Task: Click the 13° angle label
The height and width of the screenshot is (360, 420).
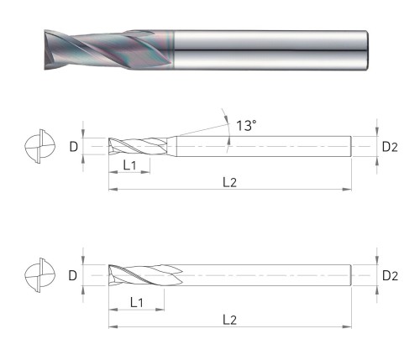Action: pyautogui.click(x=246, y=126)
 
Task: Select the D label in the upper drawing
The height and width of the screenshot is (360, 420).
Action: pyautogui.click(x=73, y=147)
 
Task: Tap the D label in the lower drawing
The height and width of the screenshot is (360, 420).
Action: pyautogui.click(x=73, y=276)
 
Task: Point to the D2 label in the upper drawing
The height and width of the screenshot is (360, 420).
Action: pyautogui.click(x=390, y=147)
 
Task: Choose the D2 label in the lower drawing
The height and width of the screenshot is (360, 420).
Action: pyautogui.click(x=390, y=276)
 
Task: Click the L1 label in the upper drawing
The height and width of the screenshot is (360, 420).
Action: pyautogui.click(x=129, y=165)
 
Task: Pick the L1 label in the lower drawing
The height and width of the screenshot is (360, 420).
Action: pyautogui.click(x=137, y=302)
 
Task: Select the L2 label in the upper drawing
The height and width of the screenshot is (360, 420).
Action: pyautogui.click(x=229, y=182)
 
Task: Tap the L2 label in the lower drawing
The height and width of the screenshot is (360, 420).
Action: pyautogui.click(x=229, y=320)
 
